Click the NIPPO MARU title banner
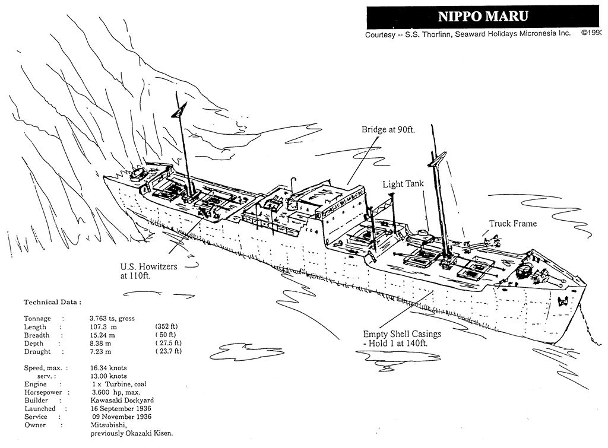click(483, 16)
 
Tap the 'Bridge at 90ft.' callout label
click(388, 129)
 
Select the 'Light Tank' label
click(403, 184)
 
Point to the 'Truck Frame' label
click(513, 224)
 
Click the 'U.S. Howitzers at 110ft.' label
click(148, 271)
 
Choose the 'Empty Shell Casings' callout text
click(402, 333)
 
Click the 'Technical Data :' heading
click(52, 302)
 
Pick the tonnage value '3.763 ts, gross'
click(112, 319)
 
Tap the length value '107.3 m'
click(103, 327)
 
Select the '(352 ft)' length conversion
click(166, 326)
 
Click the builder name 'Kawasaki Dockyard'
click(122, 401)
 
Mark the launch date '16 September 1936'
click(121, 408)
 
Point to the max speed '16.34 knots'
click(109, 368)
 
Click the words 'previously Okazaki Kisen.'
click(132, 433)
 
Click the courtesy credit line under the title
click(468, 34)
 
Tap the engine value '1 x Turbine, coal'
click(119, 384)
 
